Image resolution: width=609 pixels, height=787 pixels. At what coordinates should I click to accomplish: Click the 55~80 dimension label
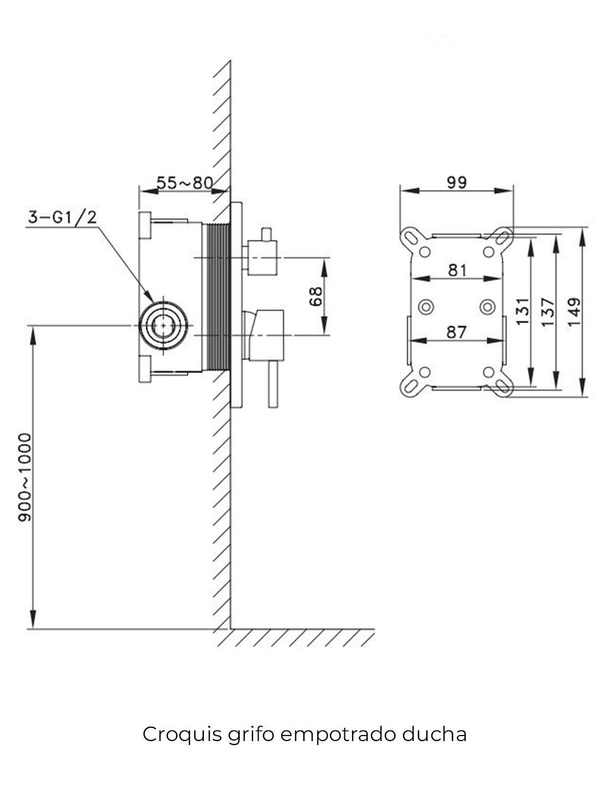pos(185,183)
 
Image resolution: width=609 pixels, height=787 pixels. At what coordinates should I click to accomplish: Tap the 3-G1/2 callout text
pos(63,218)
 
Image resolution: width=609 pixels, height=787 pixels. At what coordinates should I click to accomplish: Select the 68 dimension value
pos(316,297)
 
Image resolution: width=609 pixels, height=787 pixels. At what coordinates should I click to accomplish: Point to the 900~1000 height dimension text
pos(25,477)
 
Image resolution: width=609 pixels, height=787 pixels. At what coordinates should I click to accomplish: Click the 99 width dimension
pos(457,182)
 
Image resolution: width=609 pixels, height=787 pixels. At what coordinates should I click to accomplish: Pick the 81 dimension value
pos(457,270)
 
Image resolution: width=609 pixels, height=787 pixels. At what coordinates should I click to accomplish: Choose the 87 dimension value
pos(457,332)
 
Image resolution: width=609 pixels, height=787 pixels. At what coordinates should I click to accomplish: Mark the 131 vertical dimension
pos(523,312)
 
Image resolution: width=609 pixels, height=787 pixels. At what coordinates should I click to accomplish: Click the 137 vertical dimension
pos(548,312)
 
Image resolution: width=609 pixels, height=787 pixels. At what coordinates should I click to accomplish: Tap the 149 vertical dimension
pos(574,312)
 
